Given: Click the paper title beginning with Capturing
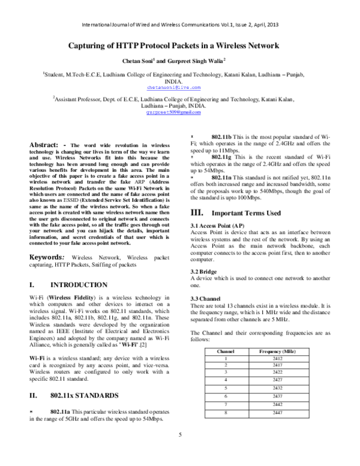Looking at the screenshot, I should [x=180, y=46].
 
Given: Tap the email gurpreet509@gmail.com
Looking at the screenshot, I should [x=180, y=112].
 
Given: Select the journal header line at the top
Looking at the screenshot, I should [x=180, y=26].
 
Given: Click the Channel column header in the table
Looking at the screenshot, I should [x=225, y=349].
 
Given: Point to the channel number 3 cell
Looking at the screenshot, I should [x=225, y=372].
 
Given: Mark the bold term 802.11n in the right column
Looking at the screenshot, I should [x=222, y=178].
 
